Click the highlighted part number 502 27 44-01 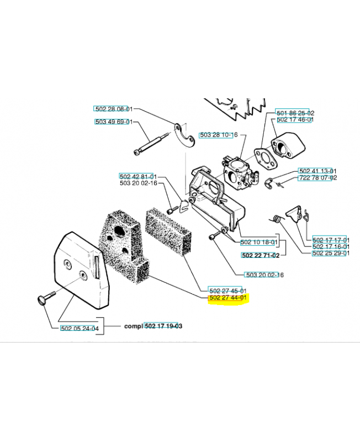coord(228,298)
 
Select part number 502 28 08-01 coord(114,109)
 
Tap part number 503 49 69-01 coord(114,122)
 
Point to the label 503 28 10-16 coord(219,135)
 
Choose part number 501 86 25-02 coord(295,113)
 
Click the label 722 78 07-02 coord(318,177)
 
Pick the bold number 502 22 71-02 coord(261,255)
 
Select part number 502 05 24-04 coord(80,328)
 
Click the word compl coord(134,326)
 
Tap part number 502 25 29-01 coord(331,253)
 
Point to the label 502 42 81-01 coord(138,177)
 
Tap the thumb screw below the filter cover coord(46,298)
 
